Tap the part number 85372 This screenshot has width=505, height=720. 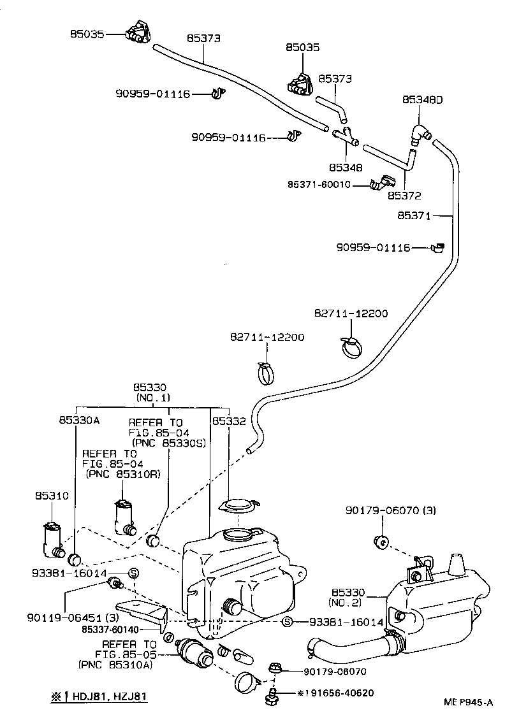pos(404,196)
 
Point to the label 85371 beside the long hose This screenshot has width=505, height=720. pos(414,217)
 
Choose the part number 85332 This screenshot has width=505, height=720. pos(229,421)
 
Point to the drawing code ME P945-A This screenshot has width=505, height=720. pos(469,703)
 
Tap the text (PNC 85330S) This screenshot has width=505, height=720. pos(168,442)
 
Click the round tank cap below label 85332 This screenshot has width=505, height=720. pos(238,506)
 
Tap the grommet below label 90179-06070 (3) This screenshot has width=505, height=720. pos(382,542)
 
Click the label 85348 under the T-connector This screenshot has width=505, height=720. pos(346,168)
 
